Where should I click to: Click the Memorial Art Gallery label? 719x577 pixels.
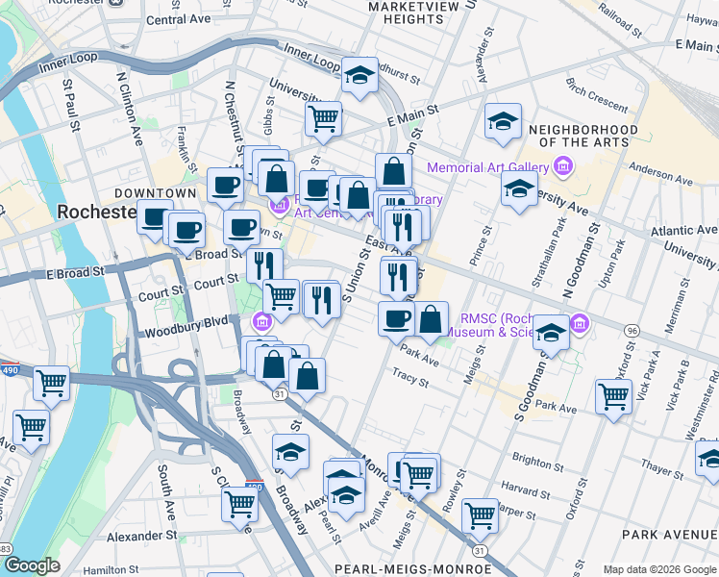[x=488, y=167]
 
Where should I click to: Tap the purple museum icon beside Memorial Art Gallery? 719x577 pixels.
[x=563, y=167]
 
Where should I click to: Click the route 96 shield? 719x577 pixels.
[x=632, y=330]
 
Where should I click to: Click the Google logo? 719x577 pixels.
[x=31, y=565]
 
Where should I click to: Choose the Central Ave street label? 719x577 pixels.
[x=179, y=19]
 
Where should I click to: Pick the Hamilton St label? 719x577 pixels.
[x=119, y=570]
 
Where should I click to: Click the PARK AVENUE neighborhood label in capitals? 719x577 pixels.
[x=669, y=534]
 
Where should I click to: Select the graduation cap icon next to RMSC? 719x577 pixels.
[x=551, y=333]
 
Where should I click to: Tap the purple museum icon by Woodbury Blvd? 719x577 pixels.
[x=260, y=320]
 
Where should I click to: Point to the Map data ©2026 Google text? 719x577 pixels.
[x=658, y=569]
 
